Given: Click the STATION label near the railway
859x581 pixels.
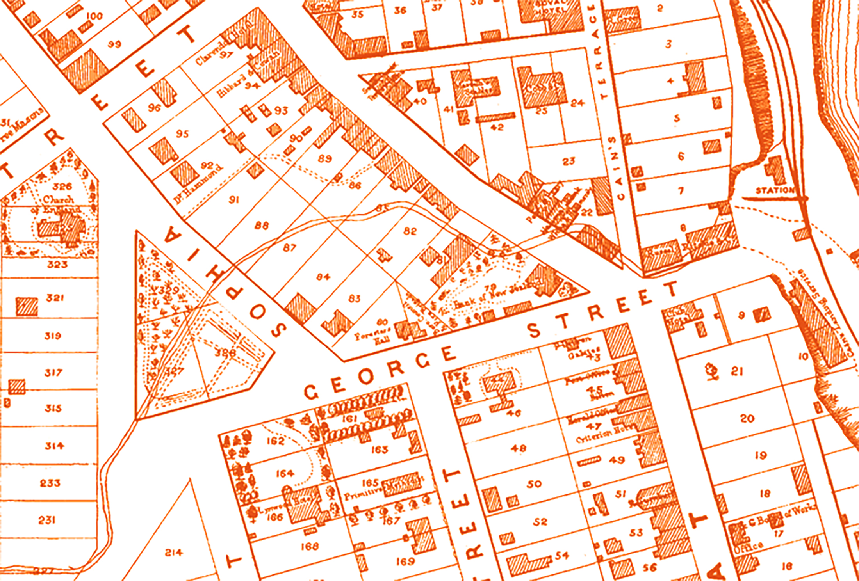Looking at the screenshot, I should (775, 190).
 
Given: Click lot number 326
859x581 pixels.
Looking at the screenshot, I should (62, 187).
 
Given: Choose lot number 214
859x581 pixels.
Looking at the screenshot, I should (173, 553).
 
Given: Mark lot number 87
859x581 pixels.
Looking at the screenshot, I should (289, 248).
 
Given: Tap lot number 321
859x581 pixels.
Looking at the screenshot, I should (55, 298).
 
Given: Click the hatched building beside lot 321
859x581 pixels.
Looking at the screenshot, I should (27, 306).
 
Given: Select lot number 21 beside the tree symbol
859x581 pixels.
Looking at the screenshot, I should (736, 371).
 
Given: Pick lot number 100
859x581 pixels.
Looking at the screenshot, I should (94, 16).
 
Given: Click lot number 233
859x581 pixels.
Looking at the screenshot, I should (50, 483).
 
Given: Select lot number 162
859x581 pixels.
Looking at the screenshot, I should (275, 441).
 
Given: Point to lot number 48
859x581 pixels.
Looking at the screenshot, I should (518, 448).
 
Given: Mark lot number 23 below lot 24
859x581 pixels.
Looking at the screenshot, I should (569, 161).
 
